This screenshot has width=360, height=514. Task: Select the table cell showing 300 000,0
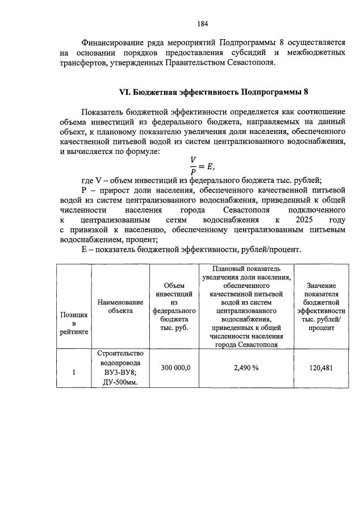[175, 368]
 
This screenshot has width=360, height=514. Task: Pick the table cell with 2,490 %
[246, 368]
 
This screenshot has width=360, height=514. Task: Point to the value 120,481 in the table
[321, 368]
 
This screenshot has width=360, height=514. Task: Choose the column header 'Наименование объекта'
[120, 307]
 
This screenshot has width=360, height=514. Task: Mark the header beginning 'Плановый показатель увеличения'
[246, 273]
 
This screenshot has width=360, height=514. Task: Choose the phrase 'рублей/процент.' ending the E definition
[271, 249]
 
